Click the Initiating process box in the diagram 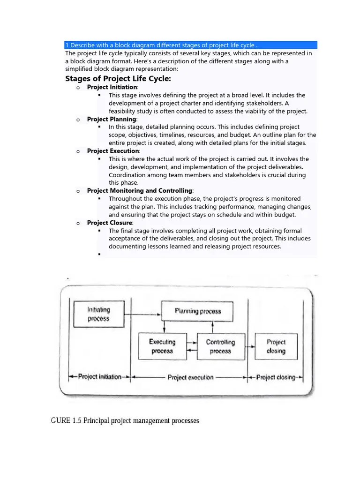coord(98,314)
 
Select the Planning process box coord(197,311)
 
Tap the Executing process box coord(162,346)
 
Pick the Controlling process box coord(220,346)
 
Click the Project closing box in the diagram coord(276,346)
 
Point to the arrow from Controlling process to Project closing coord(249,347)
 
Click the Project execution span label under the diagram coord(190,377)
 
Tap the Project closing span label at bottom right coord(276,377)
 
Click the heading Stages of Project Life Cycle coord(118,78)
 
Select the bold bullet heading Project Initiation coord(112,87)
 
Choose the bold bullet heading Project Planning coord(111,119)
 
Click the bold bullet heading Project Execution coord(113,151)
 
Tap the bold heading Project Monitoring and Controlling coord(140,191)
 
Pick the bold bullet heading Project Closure coord(110,223)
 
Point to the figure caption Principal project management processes coord(125,420)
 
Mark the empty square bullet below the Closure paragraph coord(100,254)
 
